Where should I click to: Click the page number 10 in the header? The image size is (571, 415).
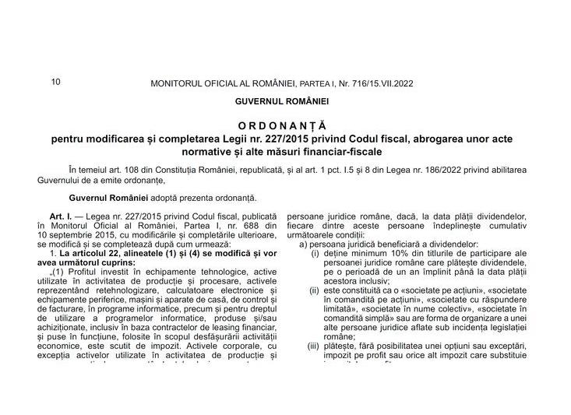pyautogui.click(x=55, y=80)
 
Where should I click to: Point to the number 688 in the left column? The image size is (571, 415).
pyautogui.click(x=242, y=223)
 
